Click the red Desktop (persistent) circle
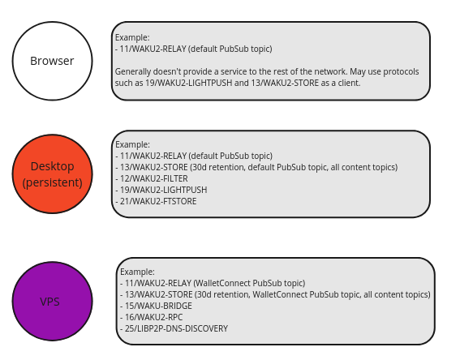52,174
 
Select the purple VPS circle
52,301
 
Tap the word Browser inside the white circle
52,61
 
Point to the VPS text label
50,302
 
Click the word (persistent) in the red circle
53,182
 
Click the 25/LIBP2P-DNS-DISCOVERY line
178,329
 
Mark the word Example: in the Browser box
132,37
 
